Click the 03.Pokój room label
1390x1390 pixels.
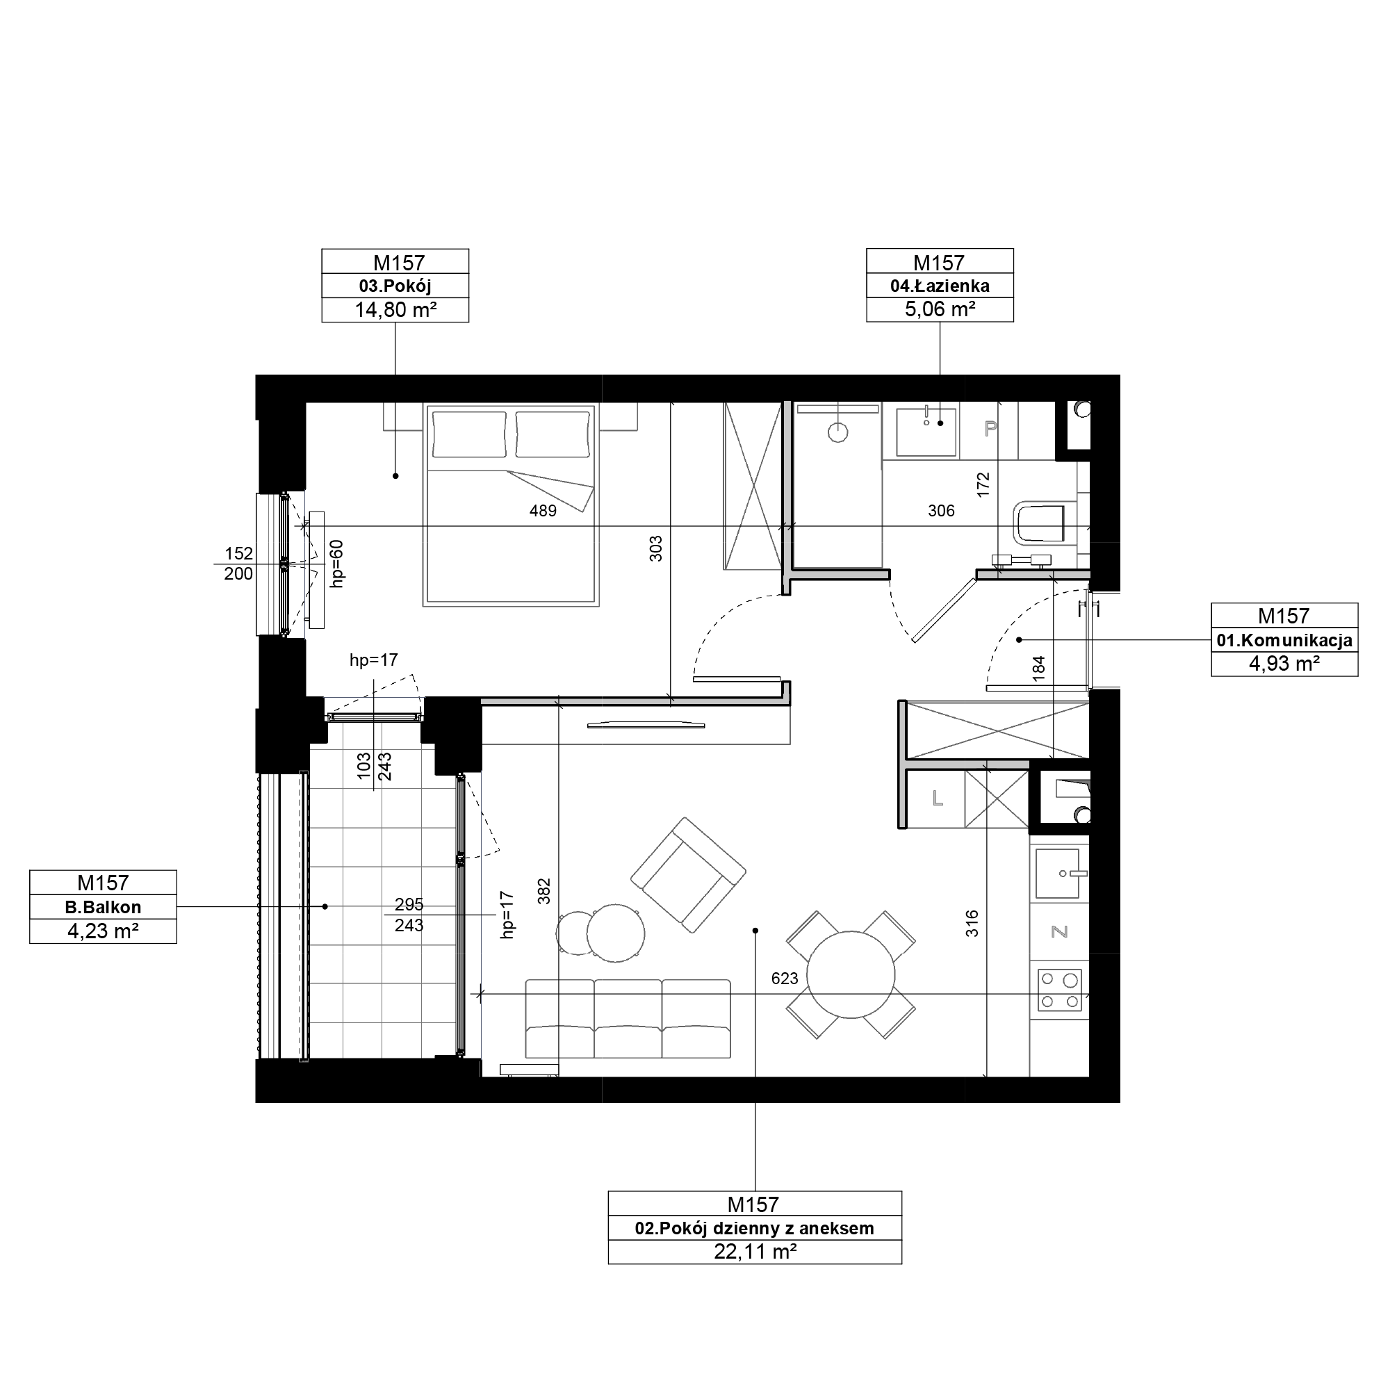(395, 286)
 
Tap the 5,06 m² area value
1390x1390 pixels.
(940, 309)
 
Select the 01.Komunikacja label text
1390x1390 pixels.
(1284, 640)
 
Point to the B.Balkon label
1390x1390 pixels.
(103, 907)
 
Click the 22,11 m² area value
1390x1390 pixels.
(755, 1252)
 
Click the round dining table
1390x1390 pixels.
(851, 975)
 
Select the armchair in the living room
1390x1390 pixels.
(689, 875)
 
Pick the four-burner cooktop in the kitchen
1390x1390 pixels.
(1059, 990)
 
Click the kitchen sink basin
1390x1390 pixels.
(1057, 874)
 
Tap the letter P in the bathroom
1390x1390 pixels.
(990, 430)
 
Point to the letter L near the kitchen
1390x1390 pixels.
(938, 799)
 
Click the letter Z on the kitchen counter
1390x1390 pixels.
(1059, 932)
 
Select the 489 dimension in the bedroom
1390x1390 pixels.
(543, 511)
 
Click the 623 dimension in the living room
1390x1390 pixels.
(784, 979)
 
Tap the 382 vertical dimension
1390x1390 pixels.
(544, 892)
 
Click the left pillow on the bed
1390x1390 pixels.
(468, 434)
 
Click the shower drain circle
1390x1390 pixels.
(837, 432)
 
